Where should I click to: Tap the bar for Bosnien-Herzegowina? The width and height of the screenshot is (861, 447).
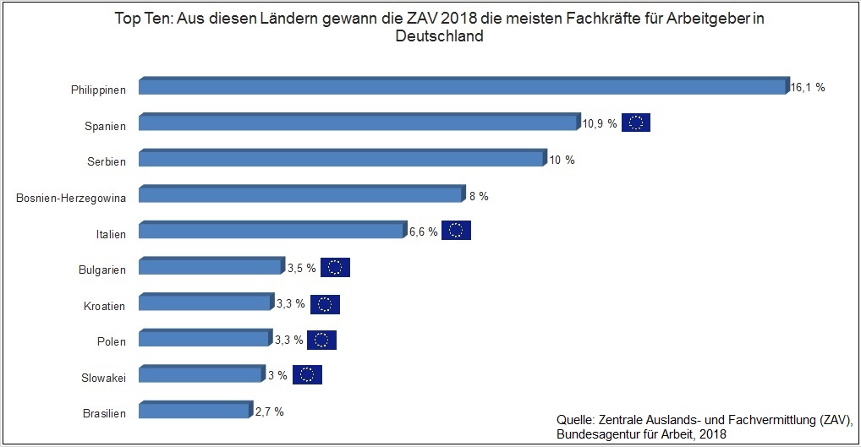point(301,195)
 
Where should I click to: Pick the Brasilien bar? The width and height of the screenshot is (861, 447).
point(195,412)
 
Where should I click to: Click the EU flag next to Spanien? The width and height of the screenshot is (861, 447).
point(636,123)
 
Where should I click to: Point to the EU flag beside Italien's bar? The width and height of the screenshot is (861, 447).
point(456,231)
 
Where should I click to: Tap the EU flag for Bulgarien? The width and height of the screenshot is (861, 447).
point(335,267)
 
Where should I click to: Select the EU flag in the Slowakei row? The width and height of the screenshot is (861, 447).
point(307,375)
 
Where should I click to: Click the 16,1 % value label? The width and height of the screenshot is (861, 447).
point(808,87)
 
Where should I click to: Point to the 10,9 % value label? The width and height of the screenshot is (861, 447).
point(600,123)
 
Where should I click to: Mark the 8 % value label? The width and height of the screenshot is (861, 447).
point(479,196)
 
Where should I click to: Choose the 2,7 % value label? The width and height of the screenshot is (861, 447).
point(269,412)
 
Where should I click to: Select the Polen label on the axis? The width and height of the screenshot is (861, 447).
point(112,341)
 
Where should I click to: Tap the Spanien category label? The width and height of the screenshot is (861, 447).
point(105,126)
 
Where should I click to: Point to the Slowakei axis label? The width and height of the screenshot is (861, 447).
point(101,378)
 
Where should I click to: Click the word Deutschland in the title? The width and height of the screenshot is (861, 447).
point(439,36)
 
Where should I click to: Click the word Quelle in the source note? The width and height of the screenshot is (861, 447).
point(575,419)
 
